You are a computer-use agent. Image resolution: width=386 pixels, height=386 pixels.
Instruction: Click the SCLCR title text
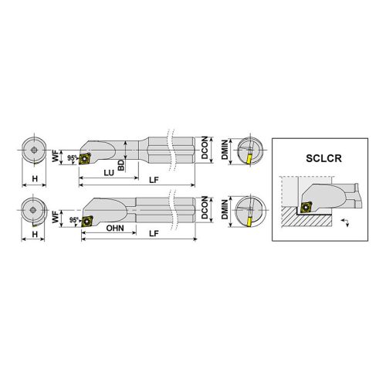coord(323,158)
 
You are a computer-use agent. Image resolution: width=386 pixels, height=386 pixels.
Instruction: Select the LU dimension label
coord(109,173)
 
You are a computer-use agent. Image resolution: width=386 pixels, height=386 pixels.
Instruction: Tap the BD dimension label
coord(121,165)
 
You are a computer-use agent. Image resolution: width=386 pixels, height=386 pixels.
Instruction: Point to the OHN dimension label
coord(115,228)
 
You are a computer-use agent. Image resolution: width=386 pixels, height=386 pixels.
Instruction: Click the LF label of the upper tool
coord(154,180)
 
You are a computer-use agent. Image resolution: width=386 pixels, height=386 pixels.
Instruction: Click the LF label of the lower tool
coord(154,233)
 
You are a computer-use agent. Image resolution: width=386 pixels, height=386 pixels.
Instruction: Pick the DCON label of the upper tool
coord(205,147)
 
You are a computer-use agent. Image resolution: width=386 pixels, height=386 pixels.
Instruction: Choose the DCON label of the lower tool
coord(205,208)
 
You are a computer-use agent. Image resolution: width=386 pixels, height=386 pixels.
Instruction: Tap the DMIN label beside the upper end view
coord(225,150)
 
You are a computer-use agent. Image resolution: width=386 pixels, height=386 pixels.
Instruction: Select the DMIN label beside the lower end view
coord(225,209)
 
